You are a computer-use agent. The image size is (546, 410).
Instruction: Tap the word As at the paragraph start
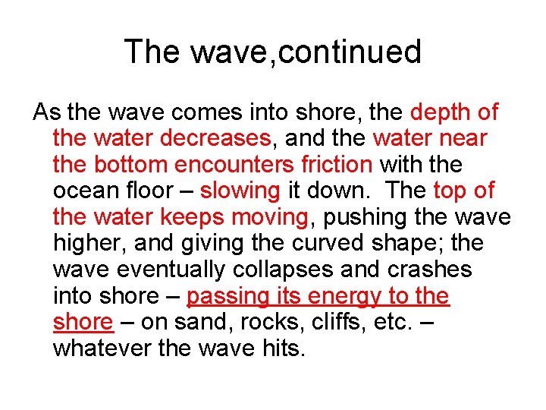click(x=47, y=112)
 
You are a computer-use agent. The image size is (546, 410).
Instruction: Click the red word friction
click(x=334, y=165)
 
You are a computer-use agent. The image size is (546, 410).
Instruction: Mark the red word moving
click(x=270, y=217)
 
